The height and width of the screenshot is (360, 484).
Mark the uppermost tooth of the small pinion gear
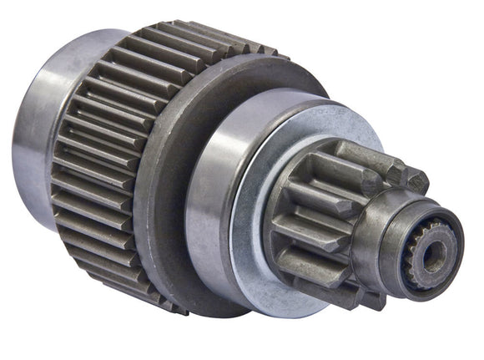coord(350,154)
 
